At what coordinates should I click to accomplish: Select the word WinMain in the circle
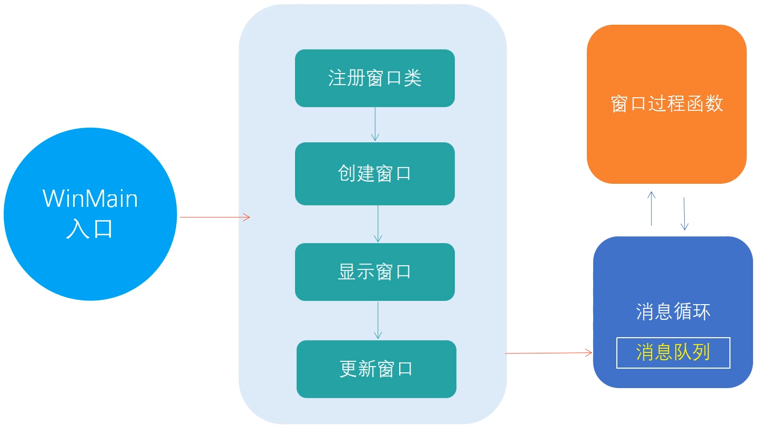pos(90,199)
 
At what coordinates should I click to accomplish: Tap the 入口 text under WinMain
pos(90,229)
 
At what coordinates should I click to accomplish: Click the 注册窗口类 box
pos(374,78)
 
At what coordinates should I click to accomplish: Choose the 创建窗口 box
pos(374,173)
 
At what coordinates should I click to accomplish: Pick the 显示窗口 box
pos(374,272)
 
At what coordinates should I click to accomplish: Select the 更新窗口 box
pos(376,369)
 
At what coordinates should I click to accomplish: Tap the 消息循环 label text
pos(673,311)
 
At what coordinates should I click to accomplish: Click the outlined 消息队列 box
pos(673,352)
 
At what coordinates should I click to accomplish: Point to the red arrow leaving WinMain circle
pos(215,217)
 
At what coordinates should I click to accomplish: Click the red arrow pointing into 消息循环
pos(548,353)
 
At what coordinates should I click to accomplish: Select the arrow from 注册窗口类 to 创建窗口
pos(375,124)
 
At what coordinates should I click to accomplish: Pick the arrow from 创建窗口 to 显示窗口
pos(378,224)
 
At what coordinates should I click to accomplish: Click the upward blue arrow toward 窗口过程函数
pos(652,208)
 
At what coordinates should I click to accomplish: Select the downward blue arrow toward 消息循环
pos(684,214)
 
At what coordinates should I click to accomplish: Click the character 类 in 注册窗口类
pos(413,78)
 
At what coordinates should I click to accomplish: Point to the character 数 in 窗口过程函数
pos(714,104)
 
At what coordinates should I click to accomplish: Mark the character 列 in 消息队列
pos(701,352)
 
